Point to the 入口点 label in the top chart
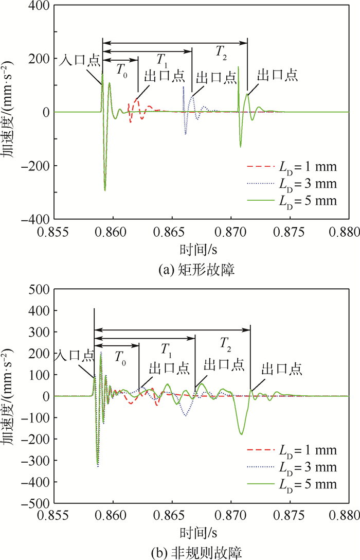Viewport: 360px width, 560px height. pyautogui.click(x=80, y=61)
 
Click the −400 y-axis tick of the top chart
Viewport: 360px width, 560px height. pyautogui.click(x=38, y=219)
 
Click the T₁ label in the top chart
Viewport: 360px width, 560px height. pyautogui.click(x=163, y=60)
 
